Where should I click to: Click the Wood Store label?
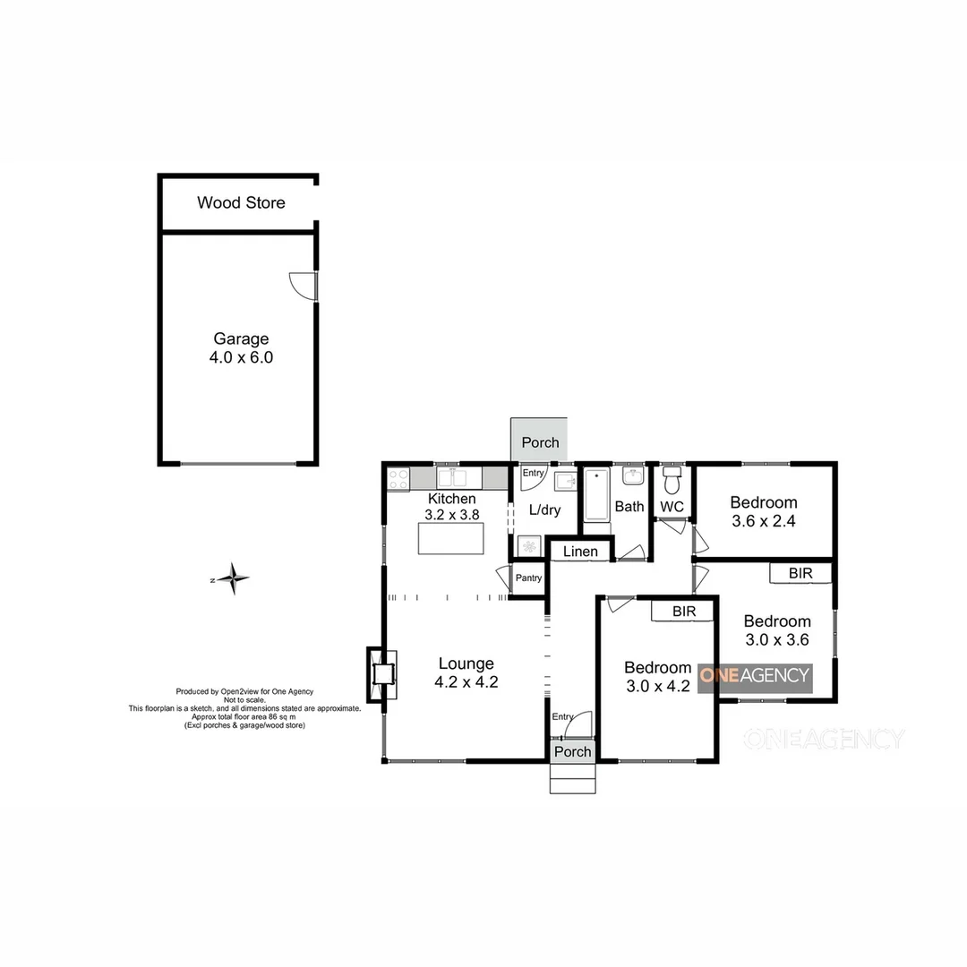[241, 202]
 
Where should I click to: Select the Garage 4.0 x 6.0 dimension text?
[241, 357]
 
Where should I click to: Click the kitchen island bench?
[450, 538]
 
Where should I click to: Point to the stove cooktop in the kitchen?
[398, 479]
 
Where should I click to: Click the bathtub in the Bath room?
[595, 495]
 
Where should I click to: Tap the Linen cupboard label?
[580, 552]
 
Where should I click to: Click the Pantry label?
[528, 578]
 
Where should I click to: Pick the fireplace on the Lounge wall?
[382, 674]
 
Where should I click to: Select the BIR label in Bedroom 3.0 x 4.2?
[684, 611]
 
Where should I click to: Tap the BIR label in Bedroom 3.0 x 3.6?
[800, 572]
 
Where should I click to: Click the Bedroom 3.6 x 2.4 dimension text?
[763, 520]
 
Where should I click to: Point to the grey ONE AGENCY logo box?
[754, 677]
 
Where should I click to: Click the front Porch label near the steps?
[572, 751]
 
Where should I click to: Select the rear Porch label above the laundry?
[540, 442]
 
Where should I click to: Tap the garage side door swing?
[303, 285]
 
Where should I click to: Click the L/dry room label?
[544, 510]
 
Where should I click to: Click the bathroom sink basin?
[634, 475]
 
